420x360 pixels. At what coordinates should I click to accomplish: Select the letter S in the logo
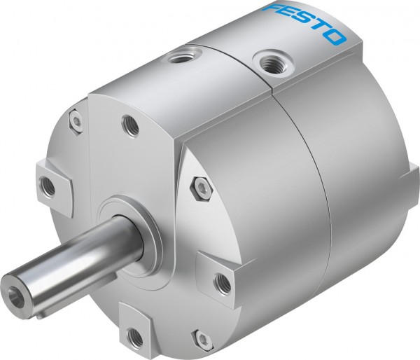pos(303,22)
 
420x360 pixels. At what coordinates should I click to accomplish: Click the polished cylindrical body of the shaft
pos(72,257)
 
